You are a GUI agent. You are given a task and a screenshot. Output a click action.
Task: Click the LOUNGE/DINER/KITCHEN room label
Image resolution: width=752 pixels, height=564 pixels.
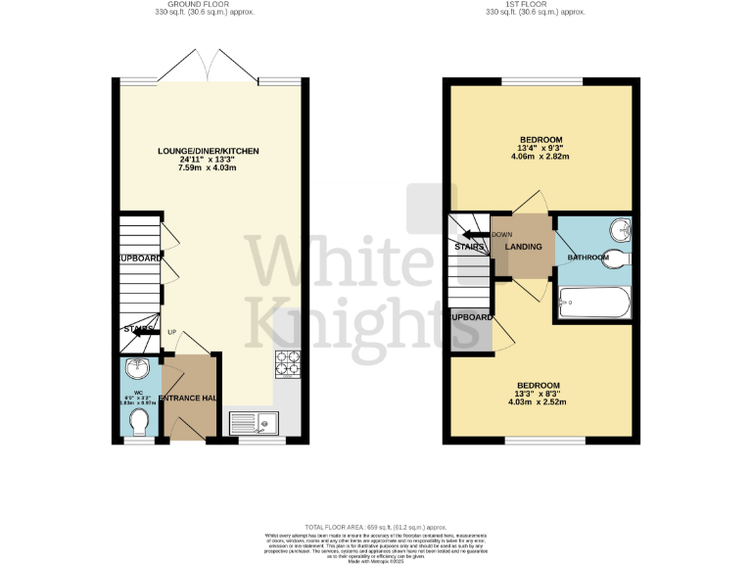[x=209, y=151]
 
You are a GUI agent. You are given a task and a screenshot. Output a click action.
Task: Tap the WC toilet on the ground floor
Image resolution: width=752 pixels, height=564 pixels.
[x=139, y=422]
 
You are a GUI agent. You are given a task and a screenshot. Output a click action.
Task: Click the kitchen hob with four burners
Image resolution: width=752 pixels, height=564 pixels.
[x=290, y=362]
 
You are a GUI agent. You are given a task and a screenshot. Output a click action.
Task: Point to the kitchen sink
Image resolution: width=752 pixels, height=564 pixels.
[x=255, y=424]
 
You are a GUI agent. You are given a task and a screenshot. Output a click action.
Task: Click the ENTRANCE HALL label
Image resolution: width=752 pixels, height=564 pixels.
[x=187, y=398]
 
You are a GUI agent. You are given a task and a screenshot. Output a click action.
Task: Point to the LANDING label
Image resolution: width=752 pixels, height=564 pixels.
[x=523, y=246]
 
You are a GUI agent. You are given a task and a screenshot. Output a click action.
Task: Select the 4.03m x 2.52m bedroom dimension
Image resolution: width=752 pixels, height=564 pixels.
[x=539, y=401]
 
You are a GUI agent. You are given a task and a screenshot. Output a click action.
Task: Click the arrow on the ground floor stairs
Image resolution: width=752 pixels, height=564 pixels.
[x=146, y=333]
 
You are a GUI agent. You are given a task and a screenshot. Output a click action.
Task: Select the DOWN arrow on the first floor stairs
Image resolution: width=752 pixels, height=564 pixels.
[x=476, y=234]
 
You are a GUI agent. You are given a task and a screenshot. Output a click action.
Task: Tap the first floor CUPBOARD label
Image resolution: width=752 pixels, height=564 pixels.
[x=471, y=318]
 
